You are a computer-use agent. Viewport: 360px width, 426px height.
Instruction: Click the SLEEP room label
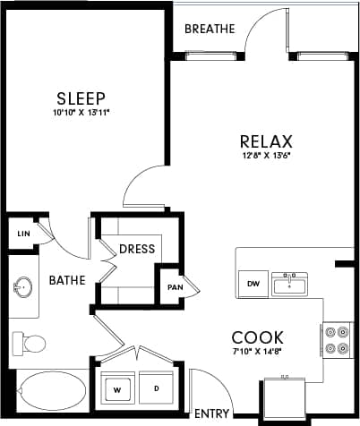81,98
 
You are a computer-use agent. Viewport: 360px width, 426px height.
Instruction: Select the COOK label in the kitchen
258,337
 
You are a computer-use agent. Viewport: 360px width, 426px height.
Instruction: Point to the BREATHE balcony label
210,29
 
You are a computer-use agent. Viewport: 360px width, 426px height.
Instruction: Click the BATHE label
67,280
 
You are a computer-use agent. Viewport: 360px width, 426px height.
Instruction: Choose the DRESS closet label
137,249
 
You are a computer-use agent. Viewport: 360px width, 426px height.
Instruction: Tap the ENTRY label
211,413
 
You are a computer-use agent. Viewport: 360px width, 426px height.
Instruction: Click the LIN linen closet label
22,234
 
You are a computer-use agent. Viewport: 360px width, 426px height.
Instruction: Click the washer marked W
116,389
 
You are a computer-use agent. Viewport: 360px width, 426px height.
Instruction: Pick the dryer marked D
156,389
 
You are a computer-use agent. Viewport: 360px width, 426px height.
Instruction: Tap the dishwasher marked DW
253,285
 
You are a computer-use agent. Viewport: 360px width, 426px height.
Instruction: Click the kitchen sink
290,285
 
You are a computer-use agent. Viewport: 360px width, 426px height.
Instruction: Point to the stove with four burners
337,340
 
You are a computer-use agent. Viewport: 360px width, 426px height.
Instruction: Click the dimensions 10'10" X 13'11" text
81,113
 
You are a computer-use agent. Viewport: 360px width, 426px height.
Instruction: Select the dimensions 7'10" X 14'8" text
258,353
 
